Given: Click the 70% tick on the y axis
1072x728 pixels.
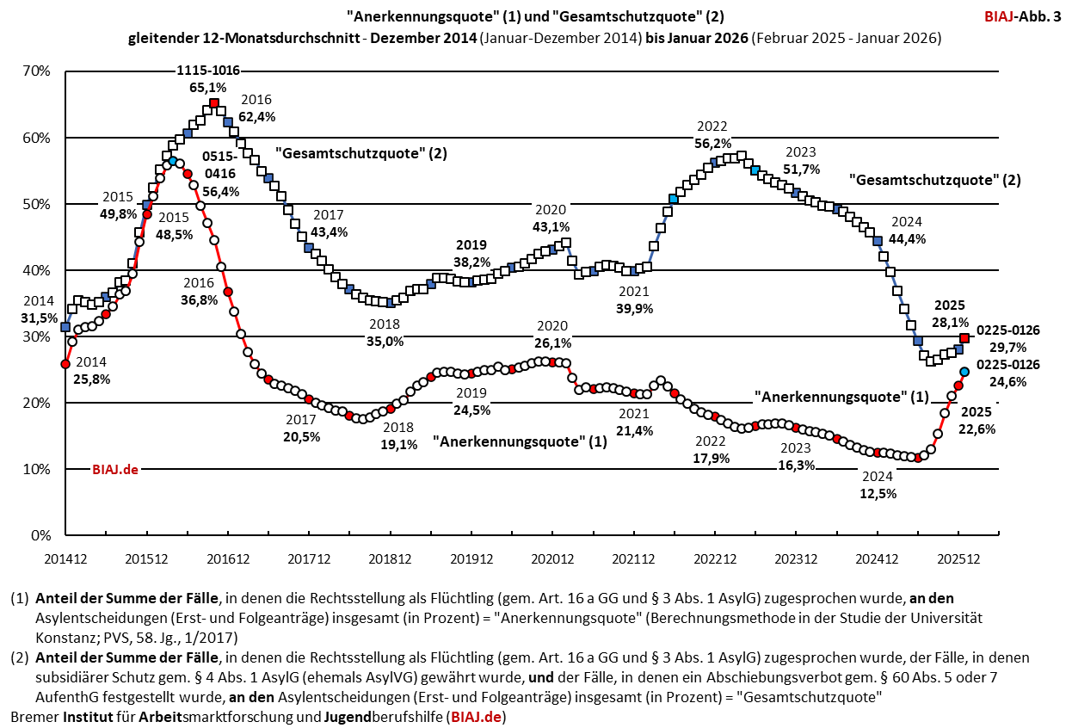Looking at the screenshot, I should point(36,71).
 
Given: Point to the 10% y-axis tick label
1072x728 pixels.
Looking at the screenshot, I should point(36,469).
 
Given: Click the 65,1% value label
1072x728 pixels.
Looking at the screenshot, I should point(207,87).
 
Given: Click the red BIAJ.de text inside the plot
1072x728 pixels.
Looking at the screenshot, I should point(115,469).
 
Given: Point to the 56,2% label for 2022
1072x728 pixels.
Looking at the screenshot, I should point(713,143).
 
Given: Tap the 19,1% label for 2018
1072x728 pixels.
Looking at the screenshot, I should point(398,444).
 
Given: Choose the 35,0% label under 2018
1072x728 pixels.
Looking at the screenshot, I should point(385,341).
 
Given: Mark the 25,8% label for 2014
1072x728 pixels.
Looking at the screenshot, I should point(92,378).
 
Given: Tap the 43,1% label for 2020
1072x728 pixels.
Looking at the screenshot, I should point(551,226).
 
